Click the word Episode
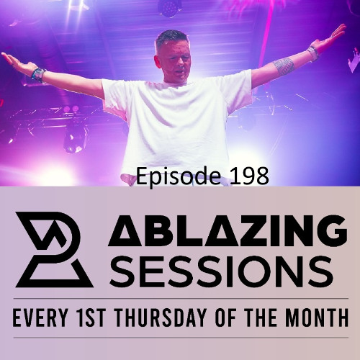tap(168, 175)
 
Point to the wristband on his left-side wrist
tap(38, 73)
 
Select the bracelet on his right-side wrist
tap(312, 52)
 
